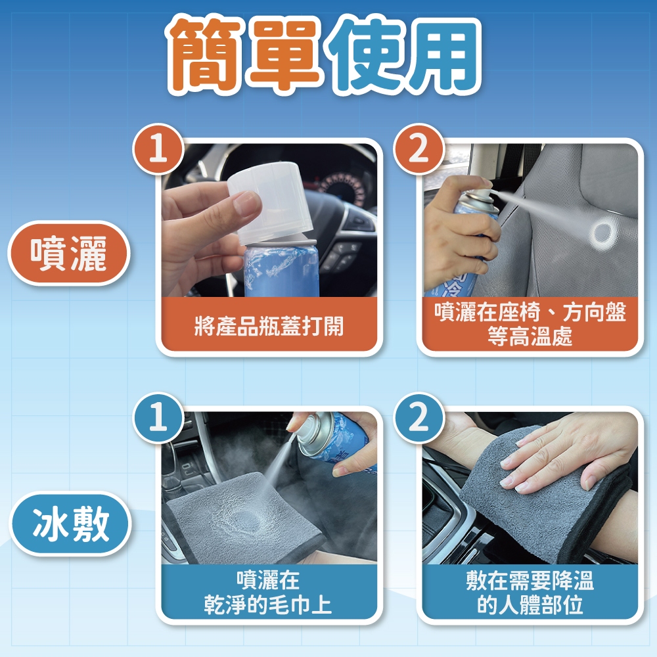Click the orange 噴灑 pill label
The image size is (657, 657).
click(69, 254)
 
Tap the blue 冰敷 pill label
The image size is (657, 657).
click(70, 524)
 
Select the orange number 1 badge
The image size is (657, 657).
click(158, 148)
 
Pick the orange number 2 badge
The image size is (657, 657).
click(419, 148)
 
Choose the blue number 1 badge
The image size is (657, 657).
click(158, 418)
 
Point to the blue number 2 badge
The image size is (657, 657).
click(419, 418)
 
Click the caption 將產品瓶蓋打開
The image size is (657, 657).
click(269, 326)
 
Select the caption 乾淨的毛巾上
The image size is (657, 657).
click(268, 604)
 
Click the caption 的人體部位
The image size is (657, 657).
click(530, 604)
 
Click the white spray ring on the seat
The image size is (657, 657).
click(602, 235)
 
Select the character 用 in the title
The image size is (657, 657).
click(443, 54)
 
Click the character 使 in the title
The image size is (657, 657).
click(365, 54)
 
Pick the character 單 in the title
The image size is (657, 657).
click(285, 54)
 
